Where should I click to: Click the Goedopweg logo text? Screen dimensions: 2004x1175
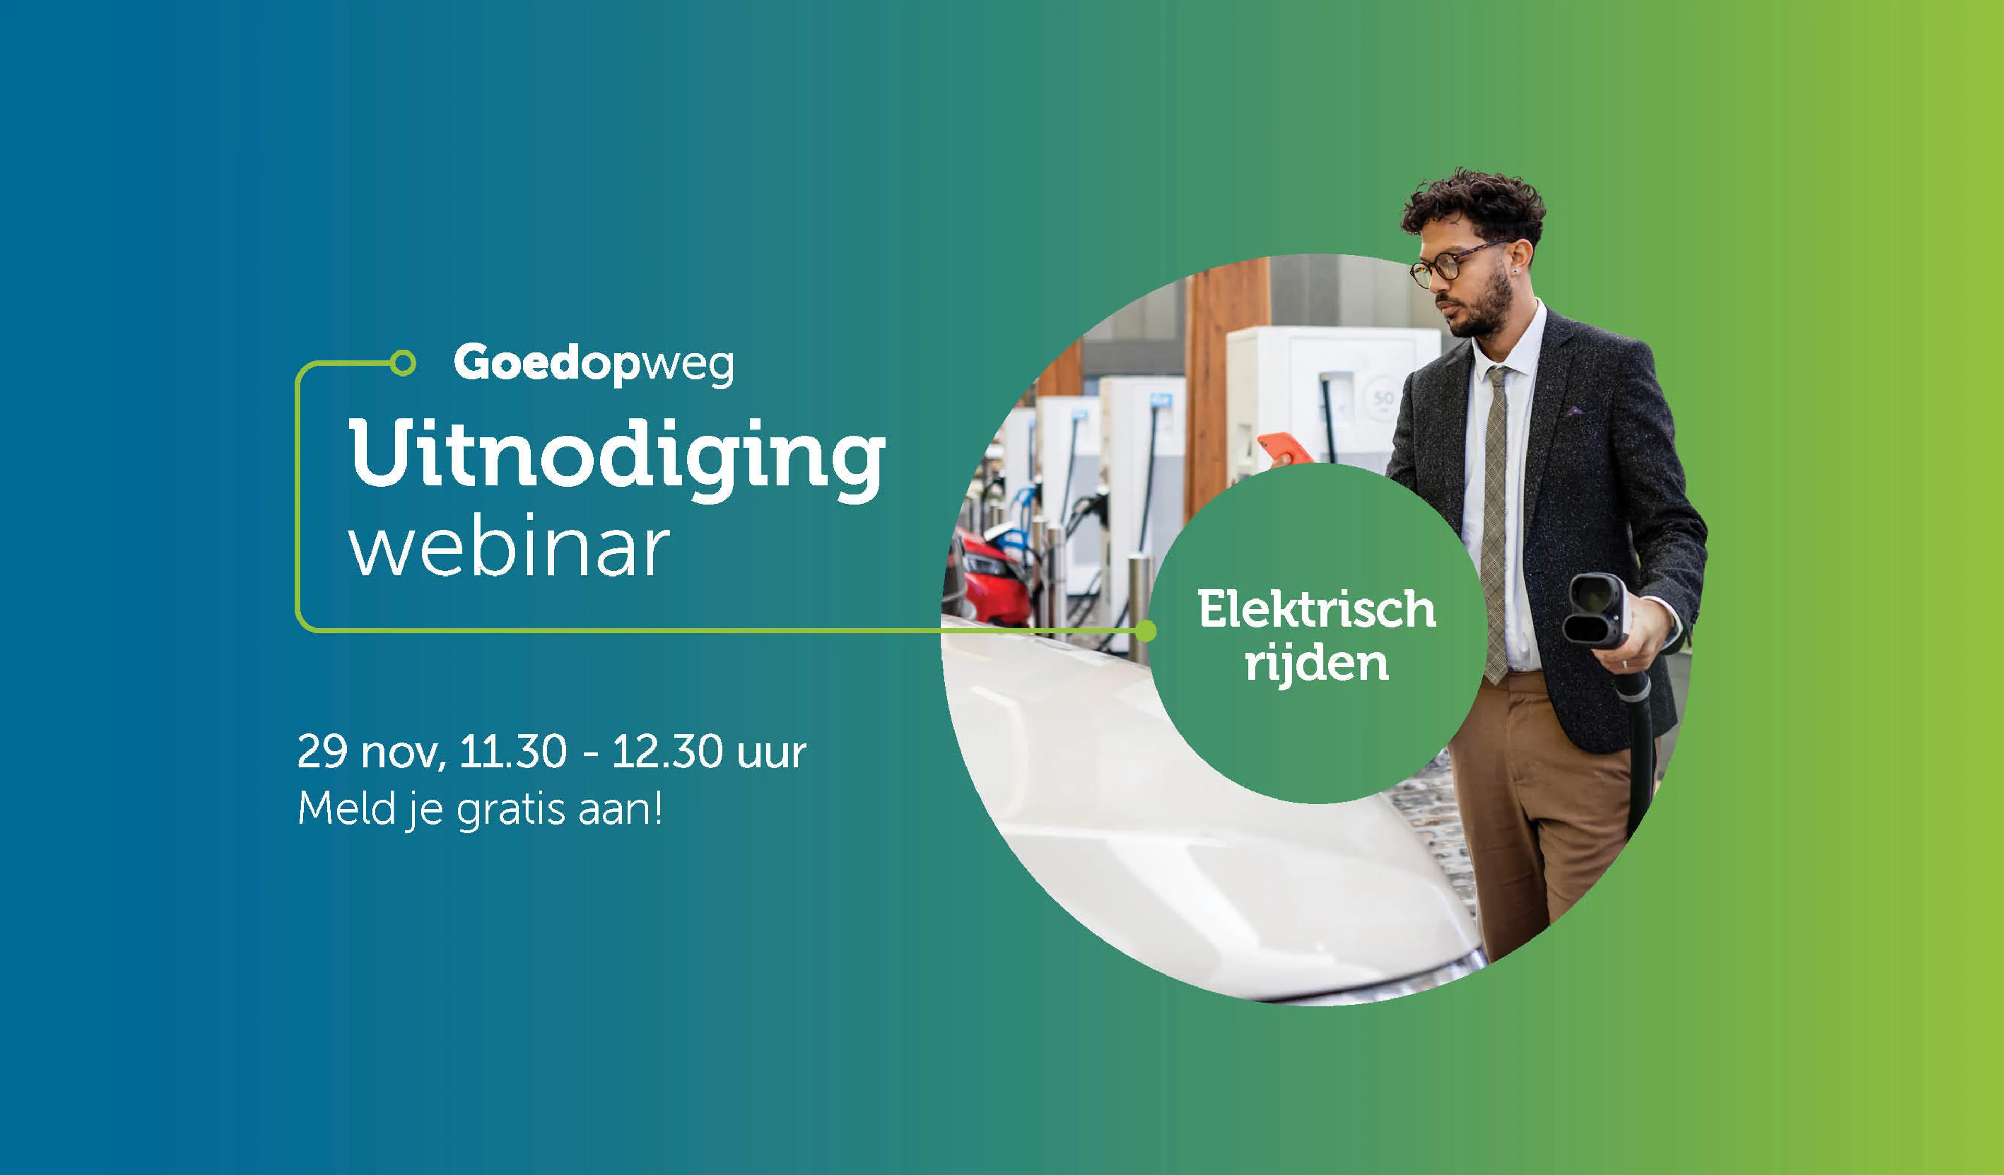coord(593,365)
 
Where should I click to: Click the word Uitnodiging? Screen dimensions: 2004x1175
coord(616,461)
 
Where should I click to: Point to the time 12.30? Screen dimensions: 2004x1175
coord(667,751)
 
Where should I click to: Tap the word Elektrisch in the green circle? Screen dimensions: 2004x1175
coord(1316,609)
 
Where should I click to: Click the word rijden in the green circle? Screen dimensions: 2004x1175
coord(1316,663)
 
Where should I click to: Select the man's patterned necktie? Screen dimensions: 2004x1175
coord(1495,525)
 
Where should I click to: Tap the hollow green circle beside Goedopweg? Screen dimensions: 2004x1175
coord(403,363)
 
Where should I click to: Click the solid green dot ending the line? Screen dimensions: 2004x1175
coord(1145,631)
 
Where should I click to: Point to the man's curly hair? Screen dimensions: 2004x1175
coord(1474,202)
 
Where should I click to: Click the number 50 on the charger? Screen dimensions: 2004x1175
coord(1383,397)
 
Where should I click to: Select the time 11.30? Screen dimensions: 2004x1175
coord(513,751)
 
